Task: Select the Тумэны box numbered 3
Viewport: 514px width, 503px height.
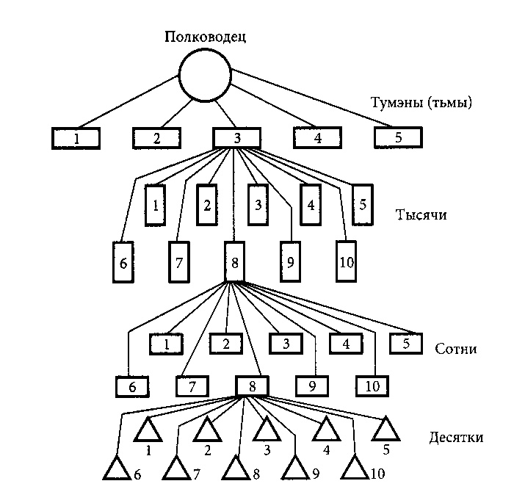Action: pos(237,137)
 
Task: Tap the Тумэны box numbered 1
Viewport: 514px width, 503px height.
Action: pos(76,137)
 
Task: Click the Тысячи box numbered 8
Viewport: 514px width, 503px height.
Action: pos(233,261)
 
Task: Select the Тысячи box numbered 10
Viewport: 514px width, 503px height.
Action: pos(346,261)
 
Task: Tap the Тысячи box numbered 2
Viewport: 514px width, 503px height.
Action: pos(207,203)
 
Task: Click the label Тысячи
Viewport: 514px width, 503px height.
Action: pos(421,216)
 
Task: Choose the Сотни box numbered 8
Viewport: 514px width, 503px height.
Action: pos(252,386)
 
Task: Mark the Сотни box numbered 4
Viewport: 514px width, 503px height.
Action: pos(345,343)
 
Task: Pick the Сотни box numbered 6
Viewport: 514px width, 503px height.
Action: pos(132,386)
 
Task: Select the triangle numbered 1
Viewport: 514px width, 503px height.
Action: pos(148,430)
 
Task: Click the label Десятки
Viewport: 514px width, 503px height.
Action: pos(455,438)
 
